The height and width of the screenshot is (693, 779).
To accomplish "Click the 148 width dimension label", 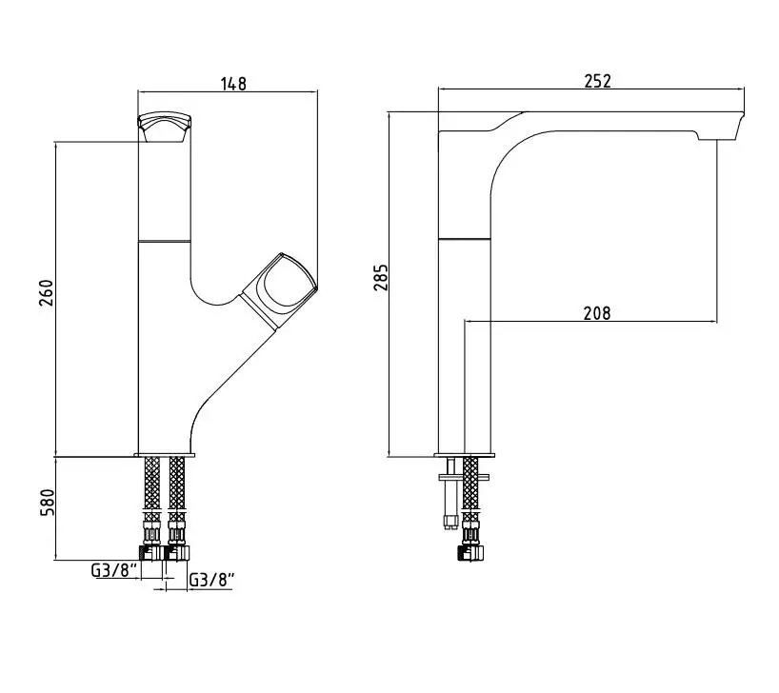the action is click(x=233, y=84).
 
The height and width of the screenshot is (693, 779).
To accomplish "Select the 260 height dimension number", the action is click(x=47, y=293).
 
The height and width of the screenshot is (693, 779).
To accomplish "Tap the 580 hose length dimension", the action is click(x=48, y=503).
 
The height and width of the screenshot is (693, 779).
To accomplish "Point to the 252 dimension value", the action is click(x=598, y=81).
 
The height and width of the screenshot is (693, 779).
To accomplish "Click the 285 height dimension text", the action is click(x=381, y=277).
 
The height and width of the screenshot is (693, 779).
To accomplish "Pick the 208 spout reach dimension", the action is click(x=597, y=313).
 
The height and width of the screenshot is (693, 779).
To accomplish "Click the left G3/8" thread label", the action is click(x=113, y=570).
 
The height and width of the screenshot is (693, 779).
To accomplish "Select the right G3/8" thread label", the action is click(x=212, y=579).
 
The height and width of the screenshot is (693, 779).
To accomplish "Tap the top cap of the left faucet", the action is click(x=165, y=127).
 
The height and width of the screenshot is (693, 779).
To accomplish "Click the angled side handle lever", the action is click(x=279, y=290).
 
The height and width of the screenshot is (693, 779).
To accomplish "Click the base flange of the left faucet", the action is click(x=165, y=455).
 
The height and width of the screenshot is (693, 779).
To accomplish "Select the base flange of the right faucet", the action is click(x=465, y=455).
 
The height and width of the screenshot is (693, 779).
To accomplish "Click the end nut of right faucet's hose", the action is click(x=470, y=553).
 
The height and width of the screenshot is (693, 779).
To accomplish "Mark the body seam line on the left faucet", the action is click(x=165, y=242).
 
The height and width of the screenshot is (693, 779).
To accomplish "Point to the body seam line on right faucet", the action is click(x=465, y=239).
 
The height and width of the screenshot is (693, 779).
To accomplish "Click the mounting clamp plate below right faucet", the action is click(x=464, y=478).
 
